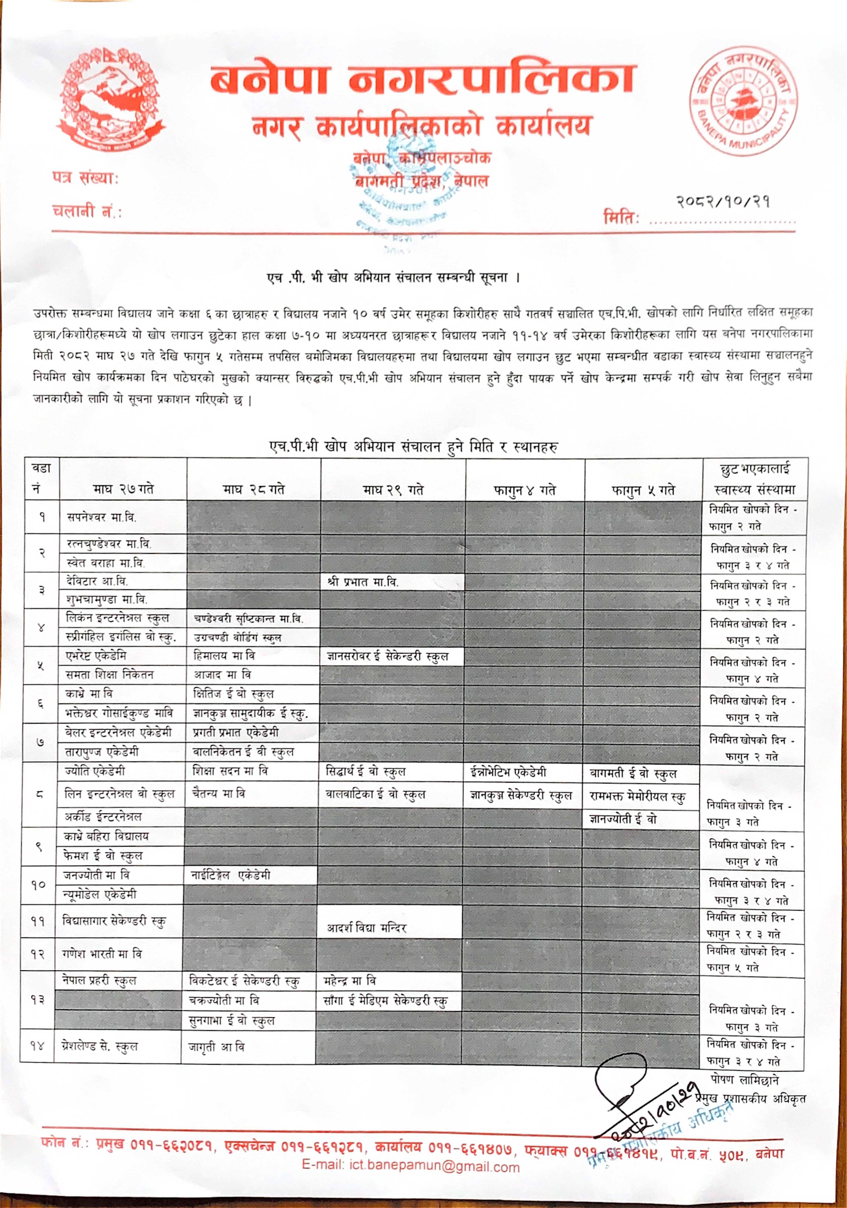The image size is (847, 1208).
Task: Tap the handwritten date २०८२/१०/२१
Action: pyautogui.click(x=723, y=201)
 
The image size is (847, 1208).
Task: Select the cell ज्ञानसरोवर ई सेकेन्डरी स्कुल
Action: pyautogui.click(x=387, y=656)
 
